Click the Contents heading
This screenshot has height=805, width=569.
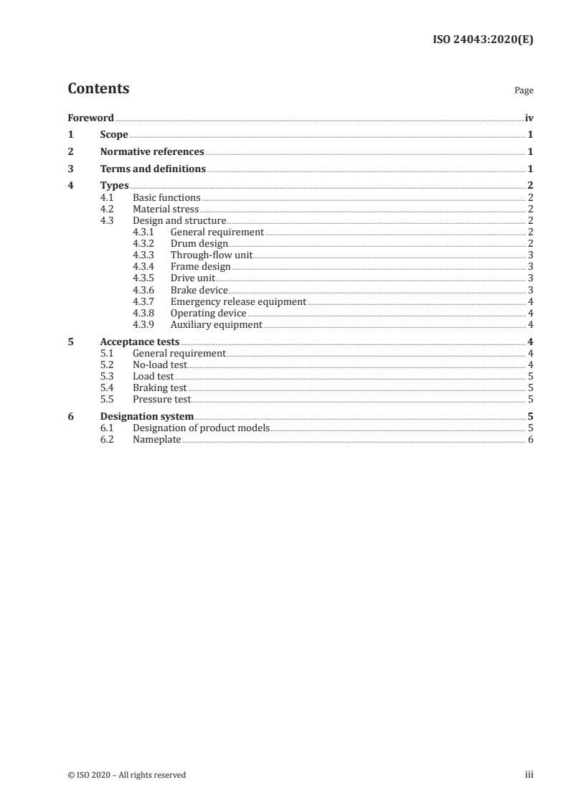(x=98, y=89)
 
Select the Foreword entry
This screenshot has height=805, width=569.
(x=90, y=118)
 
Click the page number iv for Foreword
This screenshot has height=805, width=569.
(x=529, y=118)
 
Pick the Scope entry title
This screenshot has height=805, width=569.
(x=114, y=135)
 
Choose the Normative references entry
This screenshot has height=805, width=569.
(x=152, y=152)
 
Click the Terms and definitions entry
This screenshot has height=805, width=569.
(x=153, y=169)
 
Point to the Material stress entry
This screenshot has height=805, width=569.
(x=166, y=209)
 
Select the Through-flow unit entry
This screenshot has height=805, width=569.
(x=211, y=255)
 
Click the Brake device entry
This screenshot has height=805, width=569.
(x=199, y=290)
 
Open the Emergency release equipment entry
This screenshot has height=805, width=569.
(x=238, y=302)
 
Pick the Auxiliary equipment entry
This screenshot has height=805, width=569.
(x=216, y=325)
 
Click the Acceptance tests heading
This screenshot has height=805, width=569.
(x=140, y=342)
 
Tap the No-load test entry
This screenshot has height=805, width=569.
(x=159, y=364)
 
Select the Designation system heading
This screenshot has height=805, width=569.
(x=146, y=416)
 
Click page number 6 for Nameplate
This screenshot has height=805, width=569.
(x=530, y=439)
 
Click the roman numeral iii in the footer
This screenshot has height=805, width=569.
(x=530, y=774)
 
